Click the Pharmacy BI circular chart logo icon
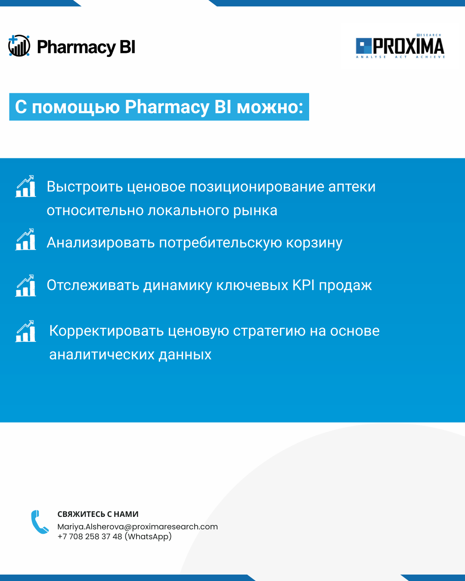click(x=19, y=46)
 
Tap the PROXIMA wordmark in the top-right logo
click(x=409, y=46)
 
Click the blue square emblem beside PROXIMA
click(x=364, y=46)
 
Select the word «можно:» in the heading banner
click(x=270, y=107)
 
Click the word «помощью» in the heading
click(x=76, y=107)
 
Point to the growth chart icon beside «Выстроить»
click(x=26, y=186)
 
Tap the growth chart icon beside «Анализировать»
click(x=26, y=239)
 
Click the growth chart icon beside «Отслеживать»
click(x=26, y=285)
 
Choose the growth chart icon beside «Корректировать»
click(x=26, y=331)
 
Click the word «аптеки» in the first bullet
click(x=352, y=187)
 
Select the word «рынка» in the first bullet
click(x=255, y=210)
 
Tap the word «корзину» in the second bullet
click(x=314, y=242)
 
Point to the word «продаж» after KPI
click(x=345, y=286)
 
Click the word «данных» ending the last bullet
click(x=185, y=355)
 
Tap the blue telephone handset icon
click(x=40, y=522)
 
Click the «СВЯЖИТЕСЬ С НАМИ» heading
click(x=98, y=514)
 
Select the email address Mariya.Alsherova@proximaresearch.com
click(x=137, y=527)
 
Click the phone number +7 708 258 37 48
click(x=90, y=536)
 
